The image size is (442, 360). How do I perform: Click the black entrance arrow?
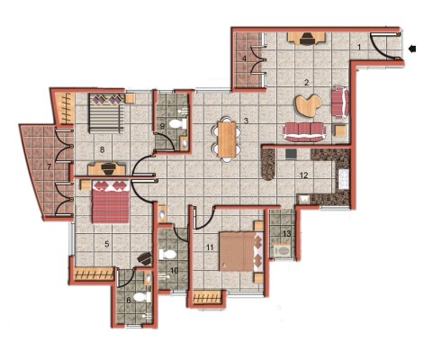(x=413, y=49)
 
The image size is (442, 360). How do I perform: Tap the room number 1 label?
(x=359, y=47)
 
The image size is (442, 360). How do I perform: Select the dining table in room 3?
(x=227, y=139)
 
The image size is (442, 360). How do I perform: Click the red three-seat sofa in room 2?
(x=304, y=131)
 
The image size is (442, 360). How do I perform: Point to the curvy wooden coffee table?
(x=309, y=105)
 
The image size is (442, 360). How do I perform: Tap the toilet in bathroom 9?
(x=177, y=123)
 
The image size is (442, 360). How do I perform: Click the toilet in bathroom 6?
(x=141, y=297)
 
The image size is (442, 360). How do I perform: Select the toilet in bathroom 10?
(x=167, y=255)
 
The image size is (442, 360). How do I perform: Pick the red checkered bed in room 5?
(x=111, y=202)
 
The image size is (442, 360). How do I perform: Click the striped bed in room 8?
(x=106, y=113)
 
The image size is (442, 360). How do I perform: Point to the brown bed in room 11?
(x=241, y=252)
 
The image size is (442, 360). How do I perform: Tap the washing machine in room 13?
(x=282, y=251)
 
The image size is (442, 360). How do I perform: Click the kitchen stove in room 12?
(x=343, y=179)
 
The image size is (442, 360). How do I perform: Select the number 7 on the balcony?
(x=49, y=166)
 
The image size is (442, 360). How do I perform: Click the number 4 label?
(x=244, y=58)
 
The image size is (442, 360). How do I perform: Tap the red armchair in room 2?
(x=340, y=103)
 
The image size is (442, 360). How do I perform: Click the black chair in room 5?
(x=145, y=258)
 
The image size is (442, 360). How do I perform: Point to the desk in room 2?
(x=307, y=39)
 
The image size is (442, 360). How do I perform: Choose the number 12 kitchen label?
(x=304, y=175)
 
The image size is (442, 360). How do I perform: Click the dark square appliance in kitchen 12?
(x=291, y=154)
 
